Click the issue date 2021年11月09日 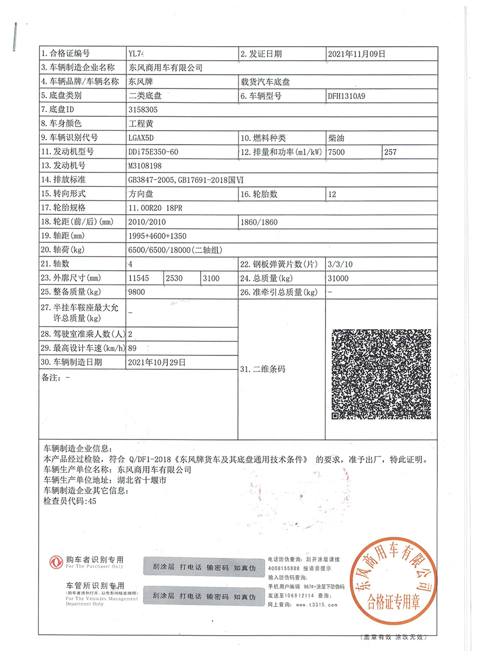click(x=357, y=54)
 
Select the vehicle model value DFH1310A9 click(x=347, y=96)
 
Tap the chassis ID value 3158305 click(x=143, y=110)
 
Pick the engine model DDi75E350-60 click(x=153, y=152)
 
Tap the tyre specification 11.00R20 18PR click(x=154, y=207)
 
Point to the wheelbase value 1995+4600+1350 click(x=153, y=236)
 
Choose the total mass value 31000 click(x=338, y=278)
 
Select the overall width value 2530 click(x=175, y=278)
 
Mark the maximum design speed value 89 click(x=132, y=348)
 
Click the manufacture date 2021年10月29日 click(x=156, y=362)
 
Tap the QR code click(x=381, y=374)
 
